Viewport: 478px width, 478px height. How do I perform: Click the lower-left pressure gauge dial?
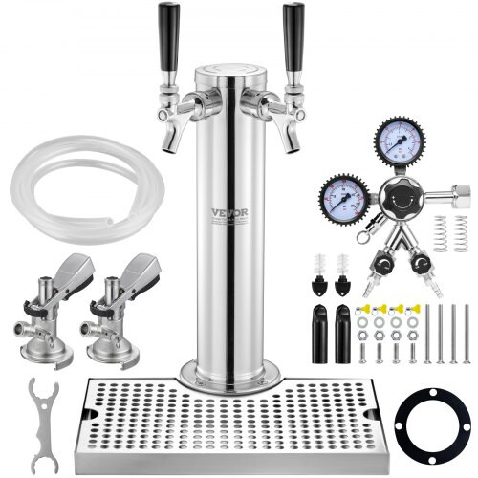[343, 199]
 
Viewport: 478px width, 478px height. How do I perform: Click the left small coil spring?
[441, 234]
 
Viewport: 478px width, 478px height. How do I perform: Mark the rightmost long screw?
[467, 334]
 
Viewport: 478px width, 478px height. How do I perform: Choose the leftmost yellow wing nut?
[367, 309]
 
